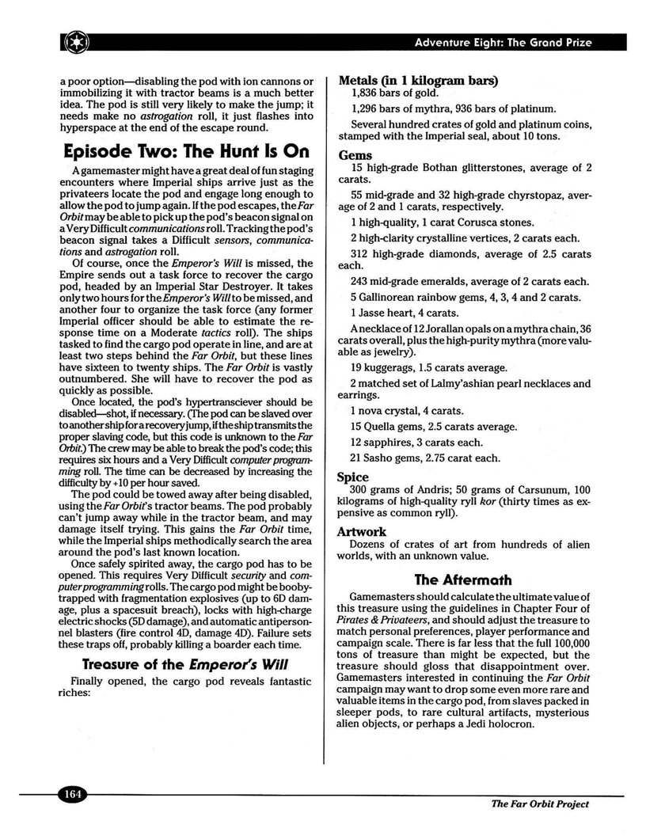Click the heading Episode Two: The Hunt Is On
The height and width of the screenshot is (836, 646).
pos(184,151)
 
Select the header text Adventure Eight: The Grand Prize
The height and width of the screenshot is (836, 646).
pos(503,42)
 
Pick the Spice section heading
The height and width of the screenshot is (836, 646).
pos(353,477)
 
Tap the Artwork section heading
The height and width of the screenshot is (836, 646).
pos(362,531)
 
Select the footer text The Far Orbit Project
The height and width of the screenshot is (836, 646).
pos(540,804)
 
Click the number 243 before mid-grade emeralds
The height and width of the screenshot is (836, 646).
pos(359,282)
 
